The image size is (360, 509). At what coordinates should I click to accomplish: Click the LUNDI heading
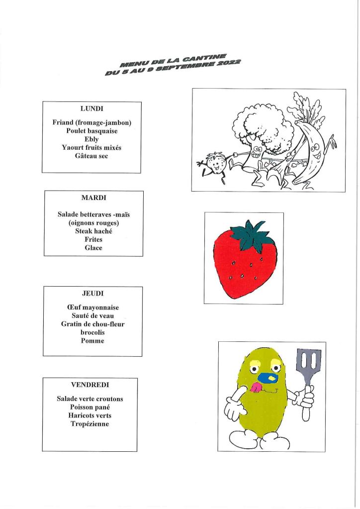click(91, 107)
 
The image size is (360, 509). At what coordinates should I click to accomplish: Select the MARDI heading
click(93, 198)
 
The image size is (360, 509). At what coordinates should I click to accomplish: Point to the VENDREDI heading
click(90, 385)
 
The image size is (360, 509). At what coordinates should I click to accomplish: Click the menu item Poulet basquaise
click(92, 131)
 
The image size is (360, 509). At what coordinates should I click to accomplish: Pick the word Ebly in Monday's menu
click(92, 139)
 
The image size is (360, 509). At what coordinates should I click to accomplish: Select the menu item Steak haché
click(93, 231)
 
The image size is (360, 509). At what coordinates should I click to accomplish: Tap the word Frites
click(93, 240)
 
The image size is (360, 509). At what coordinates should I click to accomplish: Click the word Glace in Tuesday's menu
click(93, 248)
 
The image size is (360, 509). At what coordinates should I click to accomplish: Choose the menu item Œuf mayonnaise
click(92, 308)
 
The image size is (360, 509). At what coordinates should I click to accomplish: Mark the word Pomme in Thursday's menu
click(92, 341)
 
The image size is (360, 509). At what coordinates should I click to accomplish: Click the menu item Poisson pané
click(90, 407)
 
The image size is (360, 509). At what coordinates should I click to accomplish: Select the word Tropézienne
click(90, 424)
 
